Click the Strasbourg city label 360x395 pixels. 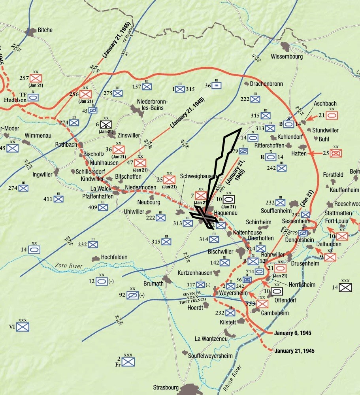(x=166, y=387)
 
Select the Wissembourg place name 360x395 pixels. (x=287, y=57)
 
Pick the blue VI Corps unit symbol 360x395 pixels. (x=23, y=327)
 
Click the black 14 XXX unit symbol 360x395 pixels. (x=346, y=287)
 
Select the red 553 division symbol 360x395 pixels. (x=262, y=304)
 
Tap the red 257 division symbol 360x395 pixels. (x=36, y=78)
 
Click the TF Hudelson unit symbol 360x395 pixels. (x=33, y=96)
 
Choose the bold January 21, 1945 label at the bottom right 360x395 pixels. (x=294, y=351)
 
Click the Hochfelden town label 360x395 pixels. (x=114, y=257)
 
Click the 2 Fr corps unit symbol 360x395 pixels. (x=128, y=361)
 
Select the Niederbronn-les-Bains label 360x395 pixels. (x=153, y=105)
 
